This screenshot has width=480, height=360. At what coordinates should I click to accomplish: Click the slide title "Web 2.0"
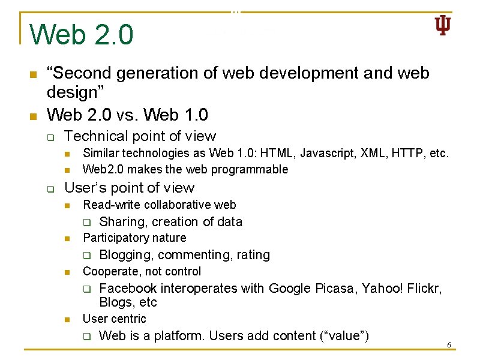pos(82,35)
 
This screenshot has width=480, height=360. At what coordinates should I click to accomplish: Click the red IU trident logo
pos(442,26)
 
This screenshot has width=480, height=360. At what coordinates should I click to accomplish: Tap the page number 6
pos(448,345)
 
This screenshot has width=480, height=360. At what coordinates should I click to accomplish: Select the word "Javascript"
pos(327,154)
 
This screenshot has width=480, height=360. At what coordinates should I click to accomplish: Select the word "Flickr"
pos(424,289)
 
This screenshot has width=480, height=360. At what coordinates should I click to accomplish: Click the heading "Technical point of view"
pos(140,137)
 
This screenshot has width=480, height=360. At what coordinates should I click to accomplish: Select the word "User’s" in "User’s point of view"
pos(84,188)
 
